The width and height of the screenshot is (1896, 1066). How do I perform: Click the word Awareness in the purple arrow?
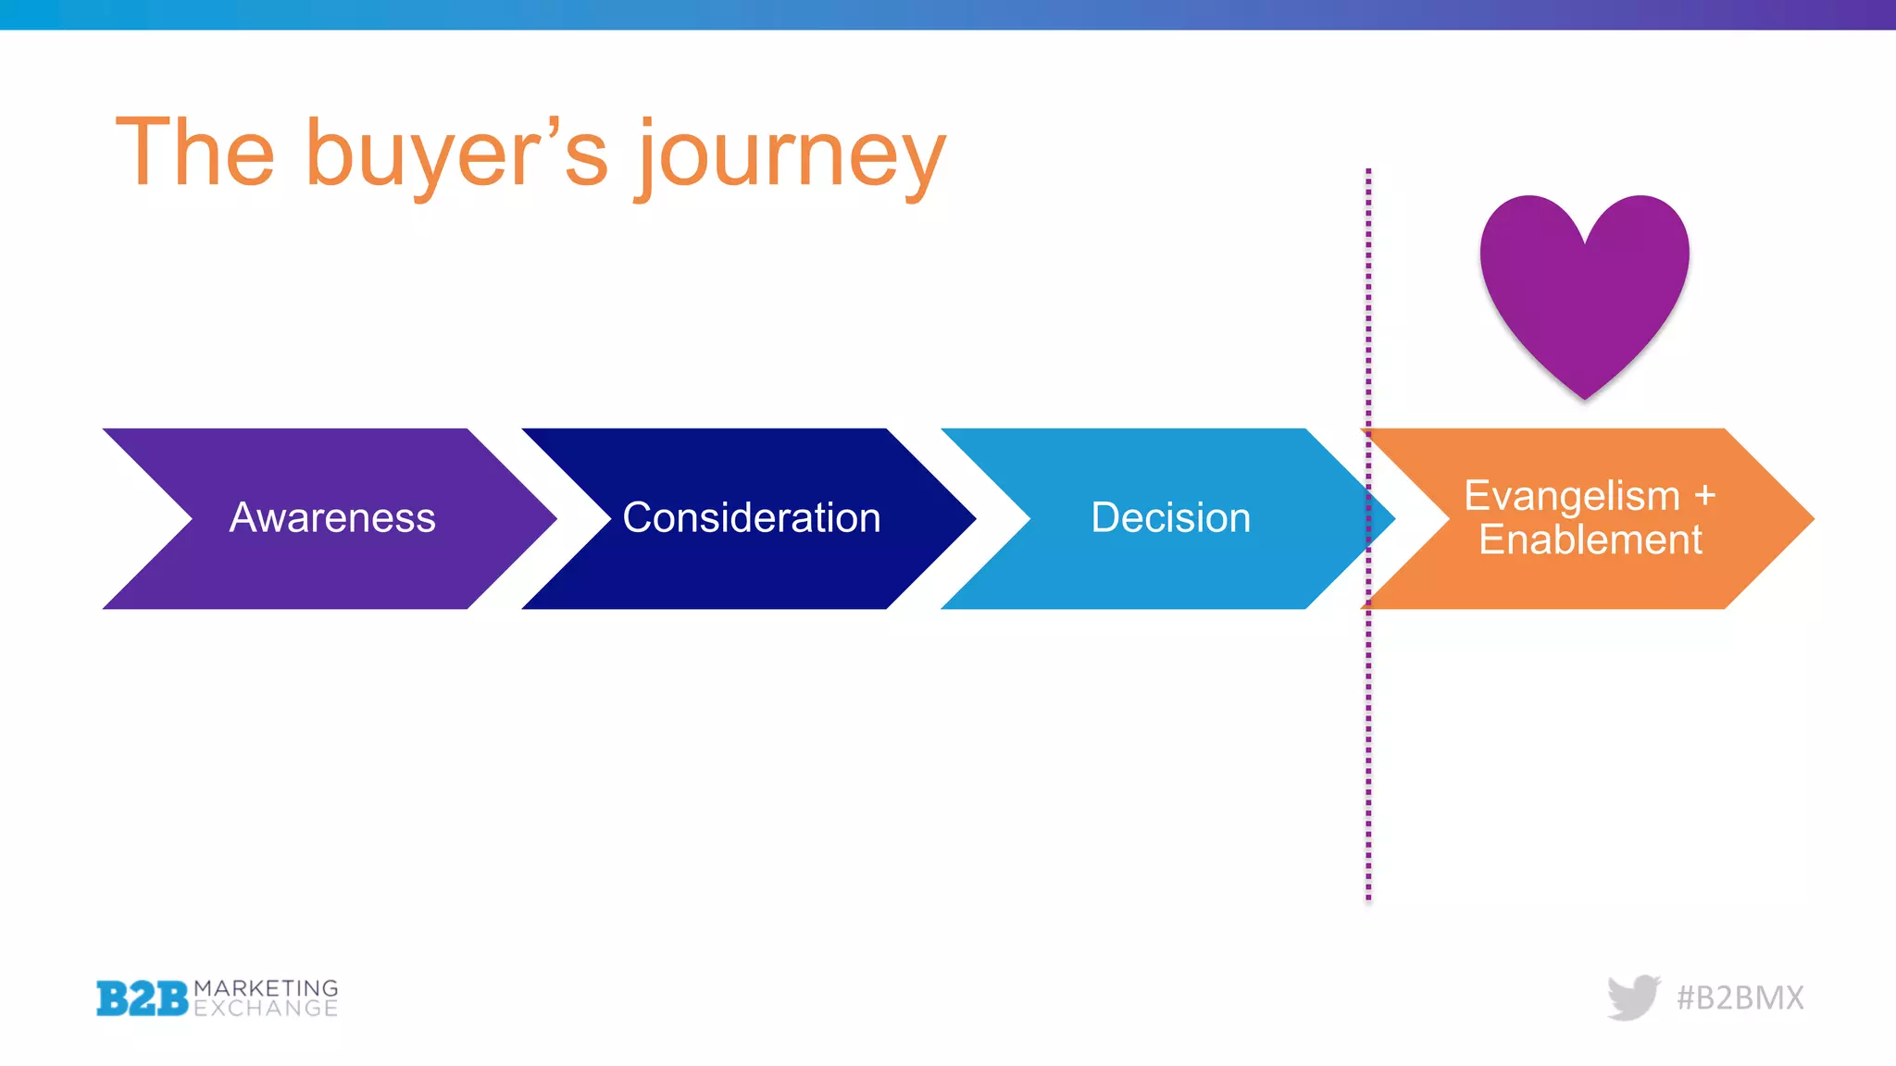click(x=332, y=518)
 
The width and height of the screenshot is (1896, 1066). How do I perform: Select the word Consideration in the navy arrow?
click(x=751, y=518)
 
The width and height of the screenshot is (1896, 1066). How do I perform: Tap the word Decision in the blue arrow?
click(x=1170, y=518)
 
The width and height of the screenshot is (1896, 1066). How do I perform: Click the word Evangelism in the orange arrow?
click(x=1571, y=496)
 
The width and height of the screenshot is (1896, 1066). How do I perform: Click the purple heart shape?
click(x=1584, y=287)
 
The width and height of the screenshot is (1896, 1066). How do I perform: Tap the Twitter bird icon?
click(x=1633, y=998)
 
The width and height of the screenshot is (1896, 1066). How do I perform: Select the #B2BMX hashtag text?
click(x=1740, y=998)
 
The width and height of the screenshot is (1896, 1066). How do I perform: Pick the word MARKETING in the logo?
click(x=266, y=988)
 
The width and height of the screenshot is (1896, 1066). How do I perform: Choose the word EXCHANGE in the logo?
click(x=266, y=1009)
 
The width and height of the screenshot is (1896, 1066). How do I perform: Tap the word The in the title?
click(x=195, y=153)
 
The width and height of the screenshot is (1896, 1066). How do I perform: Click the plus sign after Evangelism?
click(x=1704, y=496)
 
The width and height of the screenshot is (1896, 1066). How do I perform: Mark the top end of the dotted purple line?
click(x=1368, y=172)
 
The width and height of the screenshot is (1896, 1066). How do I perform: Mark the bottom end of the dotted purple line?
click(x=1368, y=897)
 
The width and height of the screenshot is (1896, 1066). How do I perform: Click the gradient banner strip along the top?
click(x=948, y=14)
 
